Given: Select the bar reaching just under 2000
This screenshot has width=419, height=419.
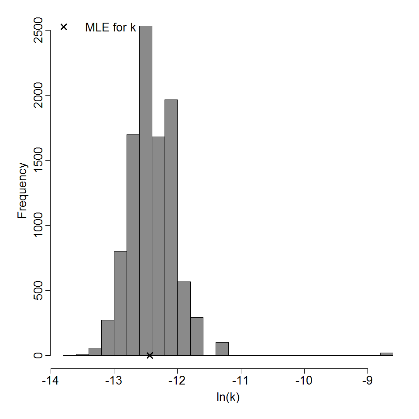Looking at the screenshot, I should pyautogui.click(x=171, y=227).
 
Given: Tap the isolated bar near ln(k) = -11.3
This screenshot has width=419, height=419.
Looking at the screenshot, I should pyautogui.click(x=222, y=349).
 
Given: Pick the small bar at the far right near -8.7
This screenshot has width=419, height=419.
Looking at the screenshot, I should pyautogui.click(x=386, y=354).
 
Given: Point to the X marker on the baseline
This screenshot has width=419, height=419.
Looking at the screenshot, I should pyautogui.click(x=150, y=355).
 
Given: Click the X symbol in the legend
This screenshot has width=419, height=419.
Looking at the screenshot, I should pyautogui.click(x=64, y=27).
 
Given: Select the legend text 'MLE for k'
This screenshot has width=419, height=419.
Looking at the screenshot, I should pyautogui.click(x=110, y=27).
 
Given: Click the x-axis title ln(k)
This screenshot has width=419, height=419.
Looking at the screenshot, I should pyautogui.click(x=228, y=398).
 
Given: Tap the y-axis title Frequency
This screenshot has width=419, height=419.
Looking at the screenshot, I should pyautogui.click(x=23, y=190).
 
